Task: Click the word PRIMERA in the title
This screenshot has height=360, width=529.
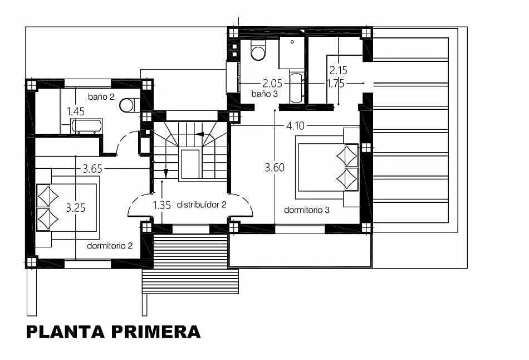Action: tap(156, 332)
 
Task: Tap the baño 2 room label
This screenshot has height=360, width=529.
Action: tap(101, 96)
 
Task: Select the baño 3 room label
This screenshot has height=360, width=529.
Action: tap(264, 94)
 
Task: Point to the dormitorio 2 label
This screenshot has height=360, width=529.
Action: tap(110, 246)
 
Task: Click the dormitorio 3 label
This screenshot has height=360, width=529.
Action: tap(307, 210)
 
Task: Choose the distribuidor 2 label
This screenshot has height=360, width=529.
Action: tap(202, 205)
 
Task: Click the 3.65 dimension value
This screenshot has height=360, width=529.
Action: tap(92, 168)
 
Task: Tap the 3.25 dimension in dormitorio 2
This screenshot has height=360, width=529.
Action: tap(76, 208)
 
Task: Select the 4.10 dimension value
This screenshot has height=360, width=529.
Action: tap(295, 125)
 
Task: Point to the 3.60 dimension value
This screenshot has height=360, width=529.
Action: tap(275, 168)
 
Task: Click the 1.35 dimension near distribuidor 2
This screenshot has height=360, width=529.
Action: tap(162, 205)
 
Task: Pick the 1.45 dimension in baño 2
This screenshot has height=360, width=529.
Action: tap(76, 111)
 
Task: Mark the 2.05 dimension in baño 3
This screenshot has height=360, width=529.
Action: tap(272, 83)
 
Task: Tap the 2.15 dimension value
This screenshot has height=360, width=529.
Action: tap(339, 70)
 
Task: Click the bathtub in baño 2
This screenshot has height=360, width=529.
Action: tap(87, 126)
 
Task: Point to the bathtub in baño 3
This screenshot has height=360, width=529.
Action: tap(297, 87)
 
